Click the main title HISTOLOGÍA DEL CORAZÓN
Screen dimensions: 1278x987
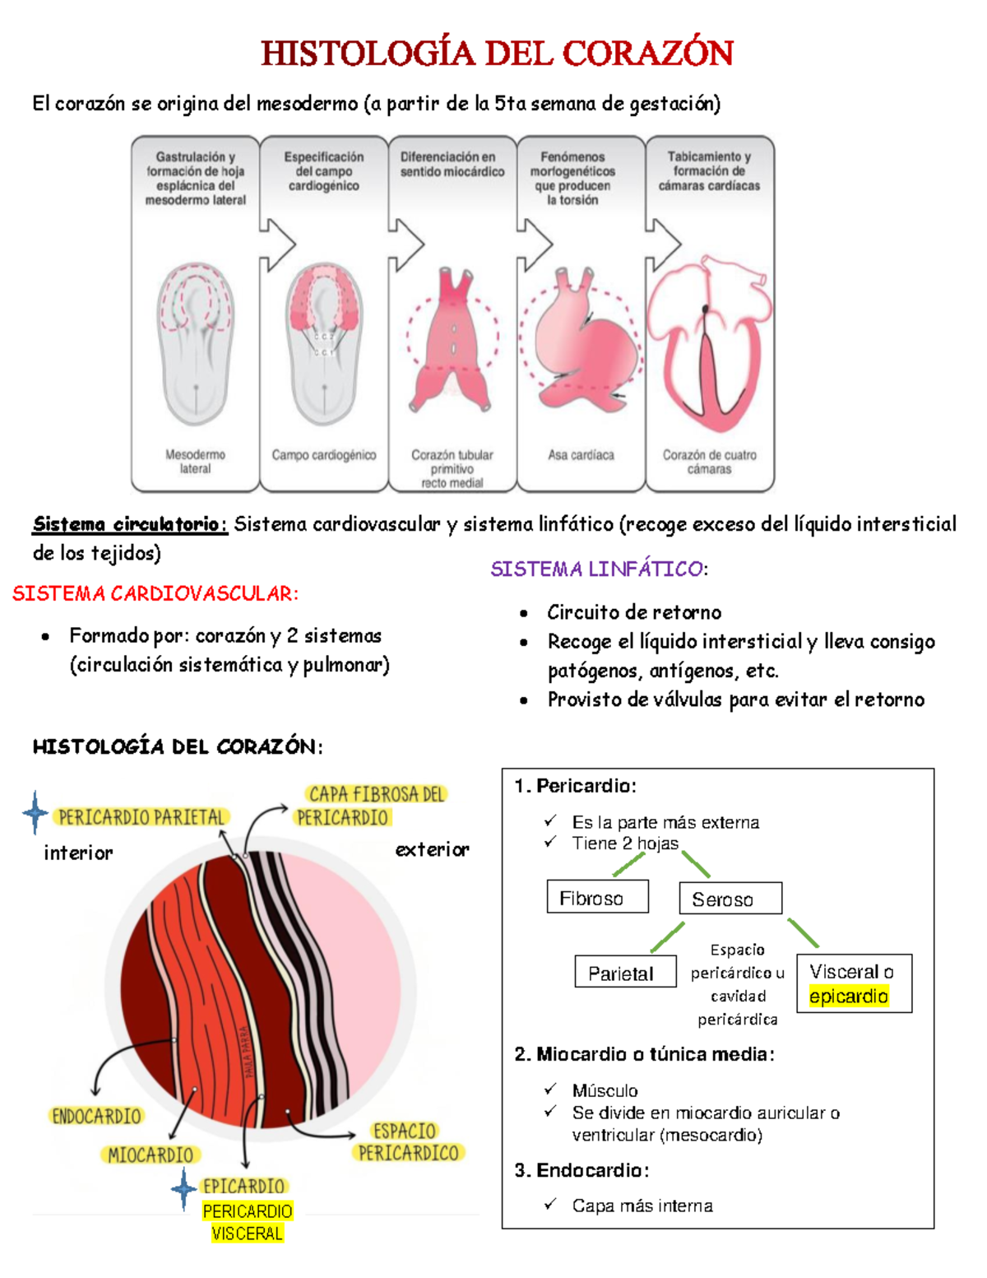497,53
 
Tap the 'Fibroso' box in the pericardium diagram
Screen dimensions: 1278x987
597,897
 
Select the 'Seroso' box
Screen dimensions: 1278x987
730,899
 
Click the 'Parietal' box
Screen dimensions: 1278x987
625,973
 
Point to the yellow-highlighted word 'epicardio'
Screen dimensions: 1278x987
848,997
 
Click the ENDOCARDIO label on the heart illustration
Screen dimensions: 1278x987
96,1117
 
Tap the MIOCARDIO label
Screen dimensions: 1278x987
151,1155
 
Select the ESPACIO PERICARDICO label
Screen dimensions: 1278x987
407,1142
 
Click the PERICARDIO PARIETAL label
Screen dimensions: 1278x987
141,817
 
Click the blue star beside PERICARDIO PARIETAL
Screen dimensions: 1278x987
35,813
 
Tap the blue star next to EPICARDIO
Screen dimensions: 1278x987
183,1188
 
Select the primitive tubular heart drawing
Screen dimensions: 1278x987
452,342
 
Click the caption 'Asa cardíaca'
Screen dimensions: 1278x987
581,455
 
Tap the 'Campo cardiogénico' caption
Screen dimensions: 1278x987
324,455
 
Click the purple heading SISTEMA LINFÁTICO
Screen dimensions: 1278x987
598,569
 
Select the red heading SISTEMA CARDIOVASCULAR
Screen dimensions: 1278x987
155,593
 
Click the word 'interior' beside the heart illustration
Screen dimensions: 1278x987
78,853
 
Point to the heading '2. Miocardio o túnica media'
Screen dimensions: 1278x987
644,1054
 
